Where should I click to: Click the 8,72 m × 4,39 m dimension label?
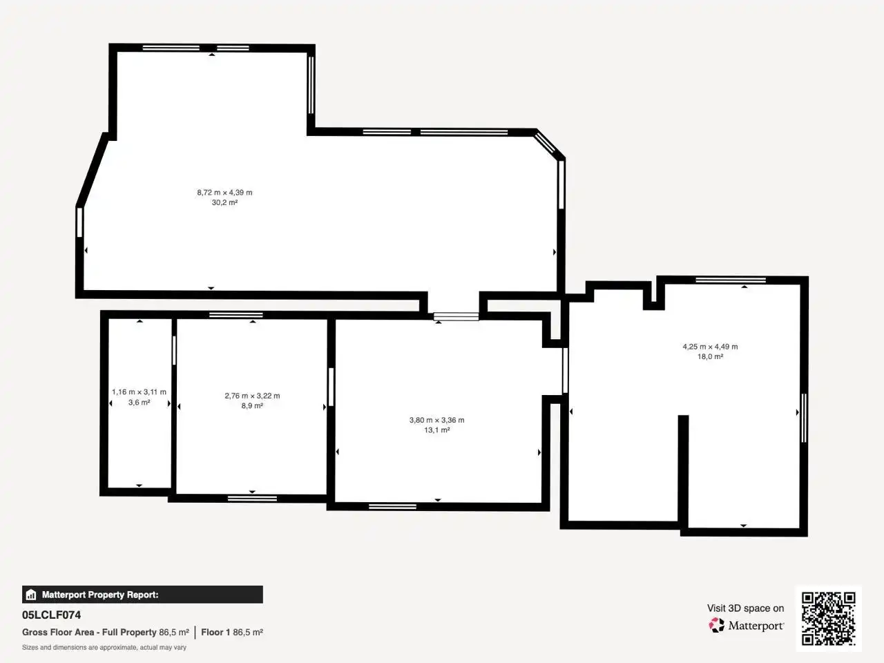(x=224, y=193)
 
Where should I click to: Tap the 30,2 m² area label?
(x=224, y=202)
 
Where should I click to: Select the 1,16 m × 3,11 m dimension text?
(x=139, y=392)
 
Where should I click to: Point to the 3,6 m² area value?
(x=140, y=402)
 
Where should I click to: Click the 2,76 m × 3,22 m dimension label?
(x=253, y=396)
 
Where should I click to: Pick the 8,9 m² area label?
(x=253, y=406)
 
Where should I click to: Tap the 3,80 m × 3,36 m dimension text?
(x=437, y=420)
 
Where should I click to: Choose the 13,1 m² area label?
(x=437, y=430)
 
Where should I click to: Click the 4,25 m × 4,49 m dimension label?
(x=711, y=347)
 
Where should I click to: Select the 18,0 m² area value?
(x=711, y=356)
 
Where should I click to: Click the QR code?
(x=829, y=619)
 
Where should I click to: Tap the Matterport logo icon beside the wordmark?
(x=716, y=626)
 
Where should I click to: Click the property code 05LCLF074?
(x=52, y=615)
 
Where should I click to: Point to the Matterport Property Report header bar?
(x=142, y=595)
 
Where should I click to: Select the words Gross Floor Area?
(x=58, y=633)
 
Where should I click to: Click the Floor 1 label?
(x=215, y=633)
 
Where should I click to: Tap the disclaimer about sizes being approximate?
(x=104, y=648)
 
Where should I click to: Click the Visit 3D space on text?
(x=745, y=608)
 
